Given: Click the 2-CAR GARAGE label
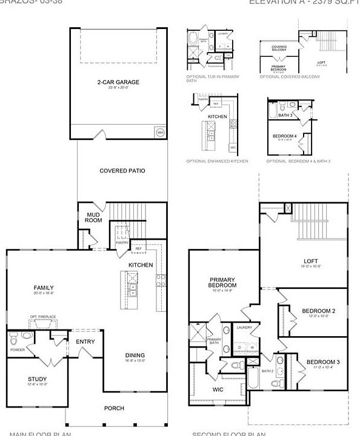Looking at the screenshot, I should (119, 82).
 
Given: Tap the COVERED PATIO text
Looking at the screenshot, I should (122, 171).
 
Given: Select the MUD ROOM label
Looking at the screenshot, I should (93, 217).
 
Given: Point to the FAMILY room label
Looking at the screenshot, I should (44, 288).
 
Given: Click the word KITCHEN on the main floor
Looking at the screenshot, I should (141, 265).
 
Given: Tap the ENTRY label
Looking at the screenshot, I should (85, 342).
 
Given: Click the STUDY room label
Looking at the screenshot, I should (37, 379).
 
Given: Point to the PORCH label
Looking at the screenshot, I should (114, 408).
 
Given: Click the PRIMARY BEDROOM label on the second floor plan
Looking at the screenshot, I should (223, 282).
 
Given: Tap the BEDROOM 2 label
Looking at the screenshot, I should (319, 311).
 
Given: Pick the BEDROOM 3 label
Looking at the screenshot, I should (322, 362).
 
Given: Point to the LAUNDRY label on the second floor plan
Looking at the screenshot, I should (244, 328).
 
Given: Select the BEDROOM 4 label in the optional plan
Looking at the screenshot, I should (285, 136).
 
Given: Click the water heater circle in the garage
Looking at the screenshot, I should (160, 132).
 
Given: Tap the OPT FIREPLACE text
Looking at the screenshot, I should (43, 317).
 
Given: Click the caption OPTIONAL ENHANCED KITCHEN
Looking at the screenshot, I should (217, 161).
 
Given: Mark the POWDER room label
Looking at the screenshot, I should (17, 349).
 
